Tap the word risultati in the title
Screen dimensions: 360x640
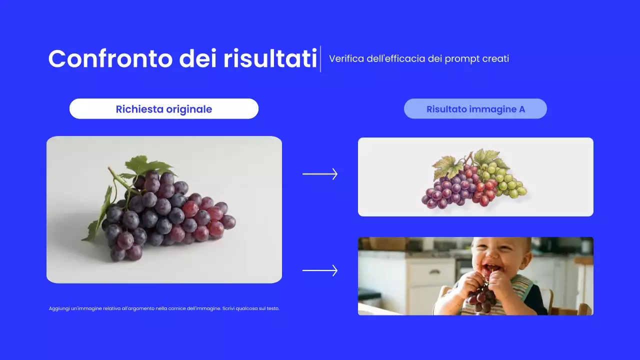pos(270,59)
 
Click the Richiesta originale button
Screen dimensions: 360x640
pos(164,109)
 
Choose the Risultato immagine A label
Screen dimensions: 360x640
pos(475,109)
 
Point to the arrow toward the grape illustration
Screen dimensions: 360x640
pos(320,174)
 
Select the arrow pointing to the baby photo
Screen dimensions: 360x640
pos(320,270)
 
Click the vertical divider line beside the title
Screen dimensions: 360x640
pos(320,59)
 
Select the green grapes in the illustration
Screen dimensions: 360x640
pos(507,180)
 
